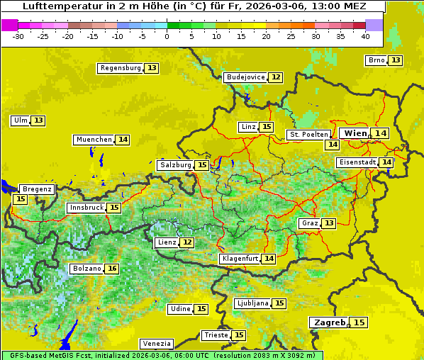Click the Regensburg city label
121,68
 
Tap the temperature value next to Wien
381,133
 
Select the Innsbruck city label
86,208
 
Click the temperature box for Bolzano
112,269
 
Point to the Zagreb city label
329,322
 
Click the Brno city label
376,60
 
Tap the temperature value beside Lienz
186,242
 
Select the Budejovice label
245,77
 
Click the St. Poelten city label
308,134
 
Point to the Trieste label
216,335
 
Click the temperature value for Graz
328,223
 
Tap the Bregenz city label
37,189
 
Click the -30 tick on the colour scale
18,36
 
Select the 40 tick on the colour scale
365,36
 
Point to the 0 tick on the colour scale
167,36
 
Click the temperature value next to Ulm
38,120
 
